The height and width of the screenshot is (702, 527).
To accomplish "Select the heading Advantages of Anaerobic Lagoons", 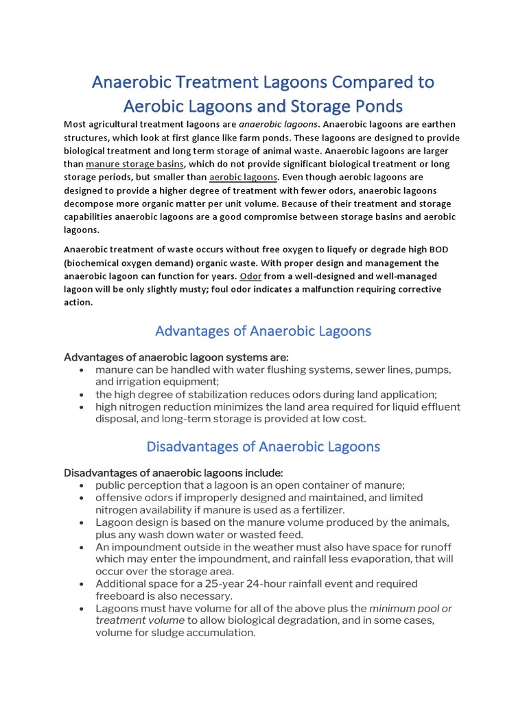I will (x=263, y=331).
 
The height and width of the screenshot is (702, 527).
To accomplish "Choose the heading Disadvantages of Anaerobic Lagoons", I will (x=263, y=447).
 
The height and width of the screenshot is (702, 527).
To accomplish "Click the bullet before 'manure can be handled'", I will (x=82, y=370).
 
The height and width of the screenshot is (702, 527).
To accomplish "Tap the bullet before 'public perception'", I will (x=82, y=485).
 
